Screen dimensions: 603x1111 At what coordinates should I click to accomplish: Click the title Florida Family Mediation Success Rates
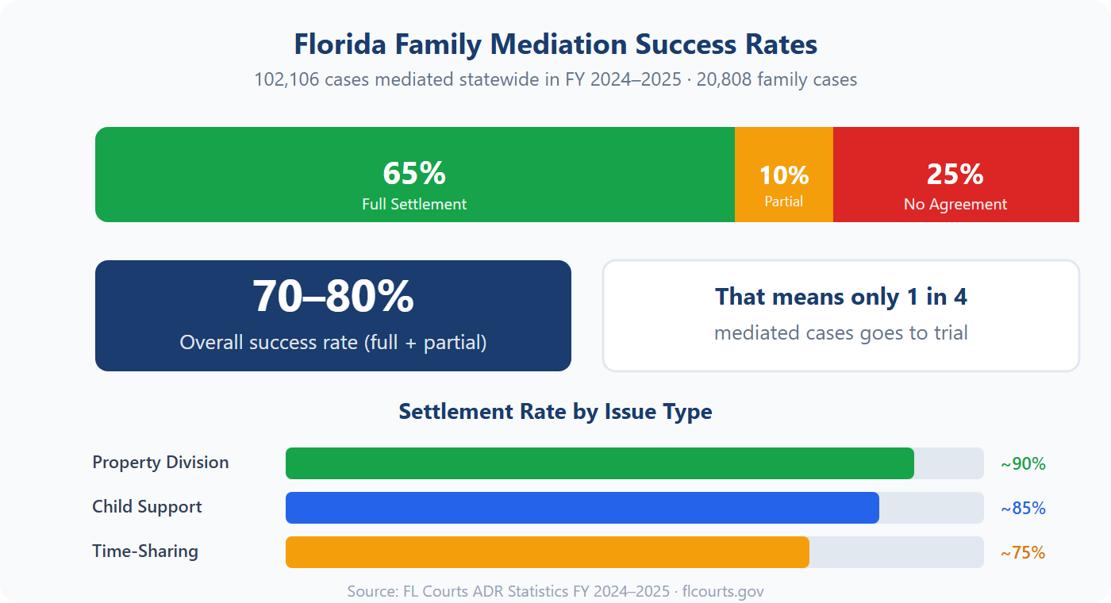pyautogui.click(x=555, y=44)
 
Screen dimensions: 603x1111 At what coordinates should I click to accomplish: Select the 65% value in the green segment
pyautogui.click(x=414, y=173)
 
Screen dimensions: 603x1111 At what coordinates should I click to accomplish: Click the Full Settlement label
pyautogui.click(x=414, y=204)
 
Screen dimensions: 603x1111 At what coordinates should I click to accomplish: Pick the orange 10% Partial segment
pyautogui.click(x=784, y=175)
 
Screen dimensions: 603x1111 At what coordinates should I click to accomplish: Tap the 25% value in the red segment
pyautogui.click(x=955, y=173)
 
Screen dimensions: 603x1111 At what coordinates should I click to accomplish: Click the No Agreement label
pyautogui.click(x=955, y=204)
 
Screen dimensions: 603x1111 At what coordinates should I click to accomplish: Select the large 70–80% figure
pyautogui.click(x=333, y=297)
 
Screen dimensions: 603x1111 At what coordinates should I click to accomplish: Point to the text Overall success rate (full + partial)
pyautogui.click(x=333, y=342)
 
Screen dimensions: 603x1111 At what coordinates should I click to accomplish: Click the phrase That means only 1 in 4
pyautogui.click(x=841, y=297)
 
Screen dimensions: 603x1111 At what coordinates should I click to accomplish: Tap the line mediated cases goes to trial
pyautogui.click(x=841, y=332)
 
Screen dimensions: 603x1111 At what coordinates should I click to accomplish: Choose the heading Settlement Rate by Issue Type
pyautogui.click(x=555, y=412)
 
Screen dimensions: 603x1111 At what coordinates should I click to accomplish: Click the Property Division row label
pyautogui.click(x=160, y=463)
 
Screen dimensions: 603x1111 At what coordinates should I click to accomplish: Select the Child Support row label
pyautogui.click(x=147, y=507)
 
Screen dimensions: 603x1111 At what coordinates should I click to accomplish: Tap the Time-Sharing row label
pyautogui.click(x=145, y=551)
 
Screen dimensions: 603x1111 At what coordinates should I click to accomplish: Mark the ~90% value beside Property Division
pyautogui.click(x=1023, y=464)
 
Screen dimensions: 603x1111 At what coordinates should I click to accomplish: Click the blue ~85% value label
pyautogui.click(x=1023, y=509)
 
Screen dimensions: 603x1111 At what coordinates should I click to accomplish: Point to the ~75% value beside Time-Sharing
pyautogui.click(x=1023, y=553)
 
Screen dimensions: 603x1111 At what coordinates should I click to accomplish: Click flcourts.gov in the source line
pyautogui.click(x=723, y=592)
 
